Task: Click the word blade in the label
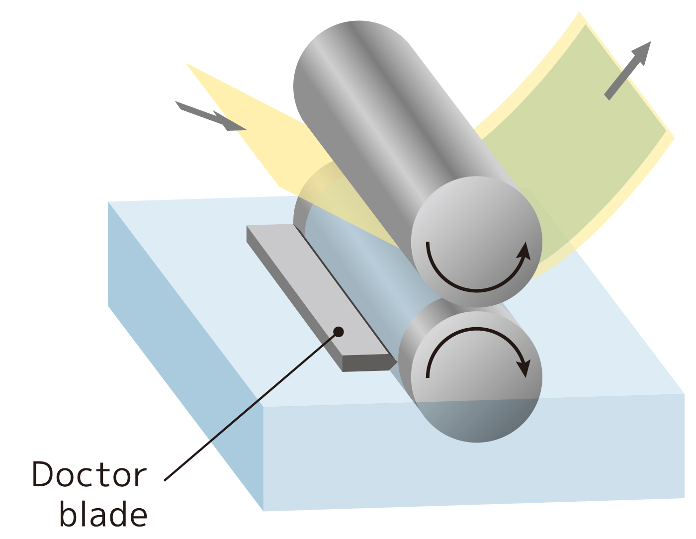(x=103, y=513)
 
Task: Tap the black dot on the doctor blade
(x=339, y=332)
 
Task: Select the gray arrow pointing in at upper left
(x=211, y=116)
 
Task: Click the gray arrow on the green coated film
(x=627, y=71)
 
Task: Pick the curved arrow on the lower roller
(x=478, y=352)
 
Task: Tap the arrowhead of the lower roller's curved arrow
(x=524, y=368)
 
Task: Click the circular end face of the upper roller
(x=477, y=242)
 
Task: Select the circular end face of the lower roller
(x=477, y=377)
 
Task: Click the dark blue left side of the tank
(x=185, y=356)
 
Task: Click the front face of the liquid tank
(x=474, y=452)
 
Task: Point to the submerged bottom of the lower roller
(x=477, y=420)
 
